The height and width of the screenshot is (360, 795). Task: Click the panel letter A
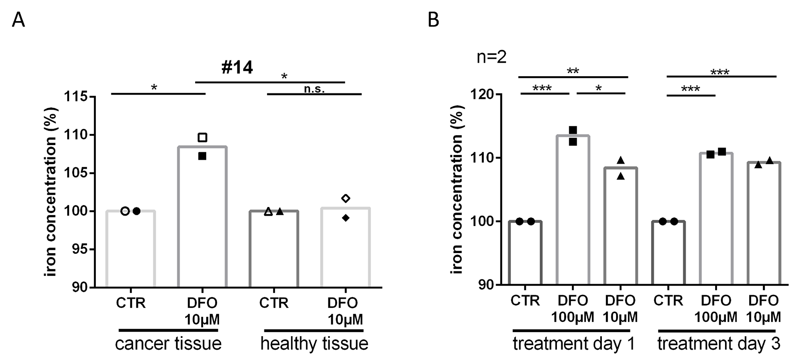pos(18,20)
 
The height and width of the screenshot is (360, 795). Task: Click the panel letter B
pos(433,20)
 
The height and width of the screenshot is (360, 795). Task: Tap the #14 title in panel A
pos(237,67)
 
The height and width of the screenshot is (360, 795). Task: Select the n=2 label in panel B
pos(491,57)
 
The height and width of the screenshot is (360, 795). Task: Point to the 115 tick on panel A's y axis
pos(77,96)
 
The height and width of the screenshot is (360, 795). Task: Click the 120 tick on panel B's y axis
pos(482,95)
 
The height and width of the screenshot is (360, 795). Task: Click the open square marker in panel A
pos(202,137)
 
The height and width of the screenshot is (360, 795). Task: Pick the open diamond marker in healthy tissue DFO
pos(345,198)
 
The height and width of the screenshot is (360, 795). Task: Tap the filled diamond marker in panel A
pos(345,218)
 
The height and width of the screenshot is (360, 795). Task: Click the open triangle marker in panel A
pos(268,211)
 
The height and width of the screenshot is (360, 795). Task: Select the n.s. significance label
pos(314,89)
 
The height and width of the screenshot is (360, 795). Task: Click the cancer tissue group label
pos(168,343)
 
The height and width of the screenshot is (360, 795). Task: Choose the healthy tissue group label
pos(314,343)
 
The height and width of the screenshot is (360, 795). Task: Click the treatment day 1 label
pos(574,343)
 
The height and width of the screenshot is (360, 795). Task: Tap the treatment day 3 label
pos(719,343)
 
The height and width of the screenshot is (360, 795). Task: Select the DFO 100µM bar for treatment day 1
pos(573,211)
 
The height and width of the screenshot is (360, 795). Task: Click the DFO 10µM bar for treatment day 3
pos(764,223)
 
